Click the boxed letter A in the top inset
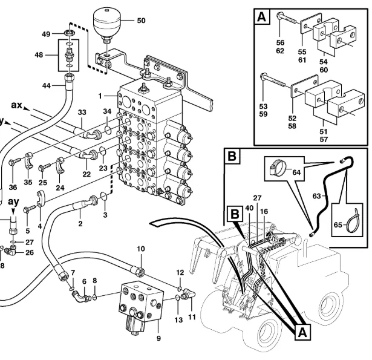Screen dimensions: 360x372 pos(262,17)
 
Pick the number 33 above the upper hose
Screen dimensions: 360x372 pos(82,112)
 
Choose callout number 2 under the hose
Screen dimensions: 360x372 pos(79,223)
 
